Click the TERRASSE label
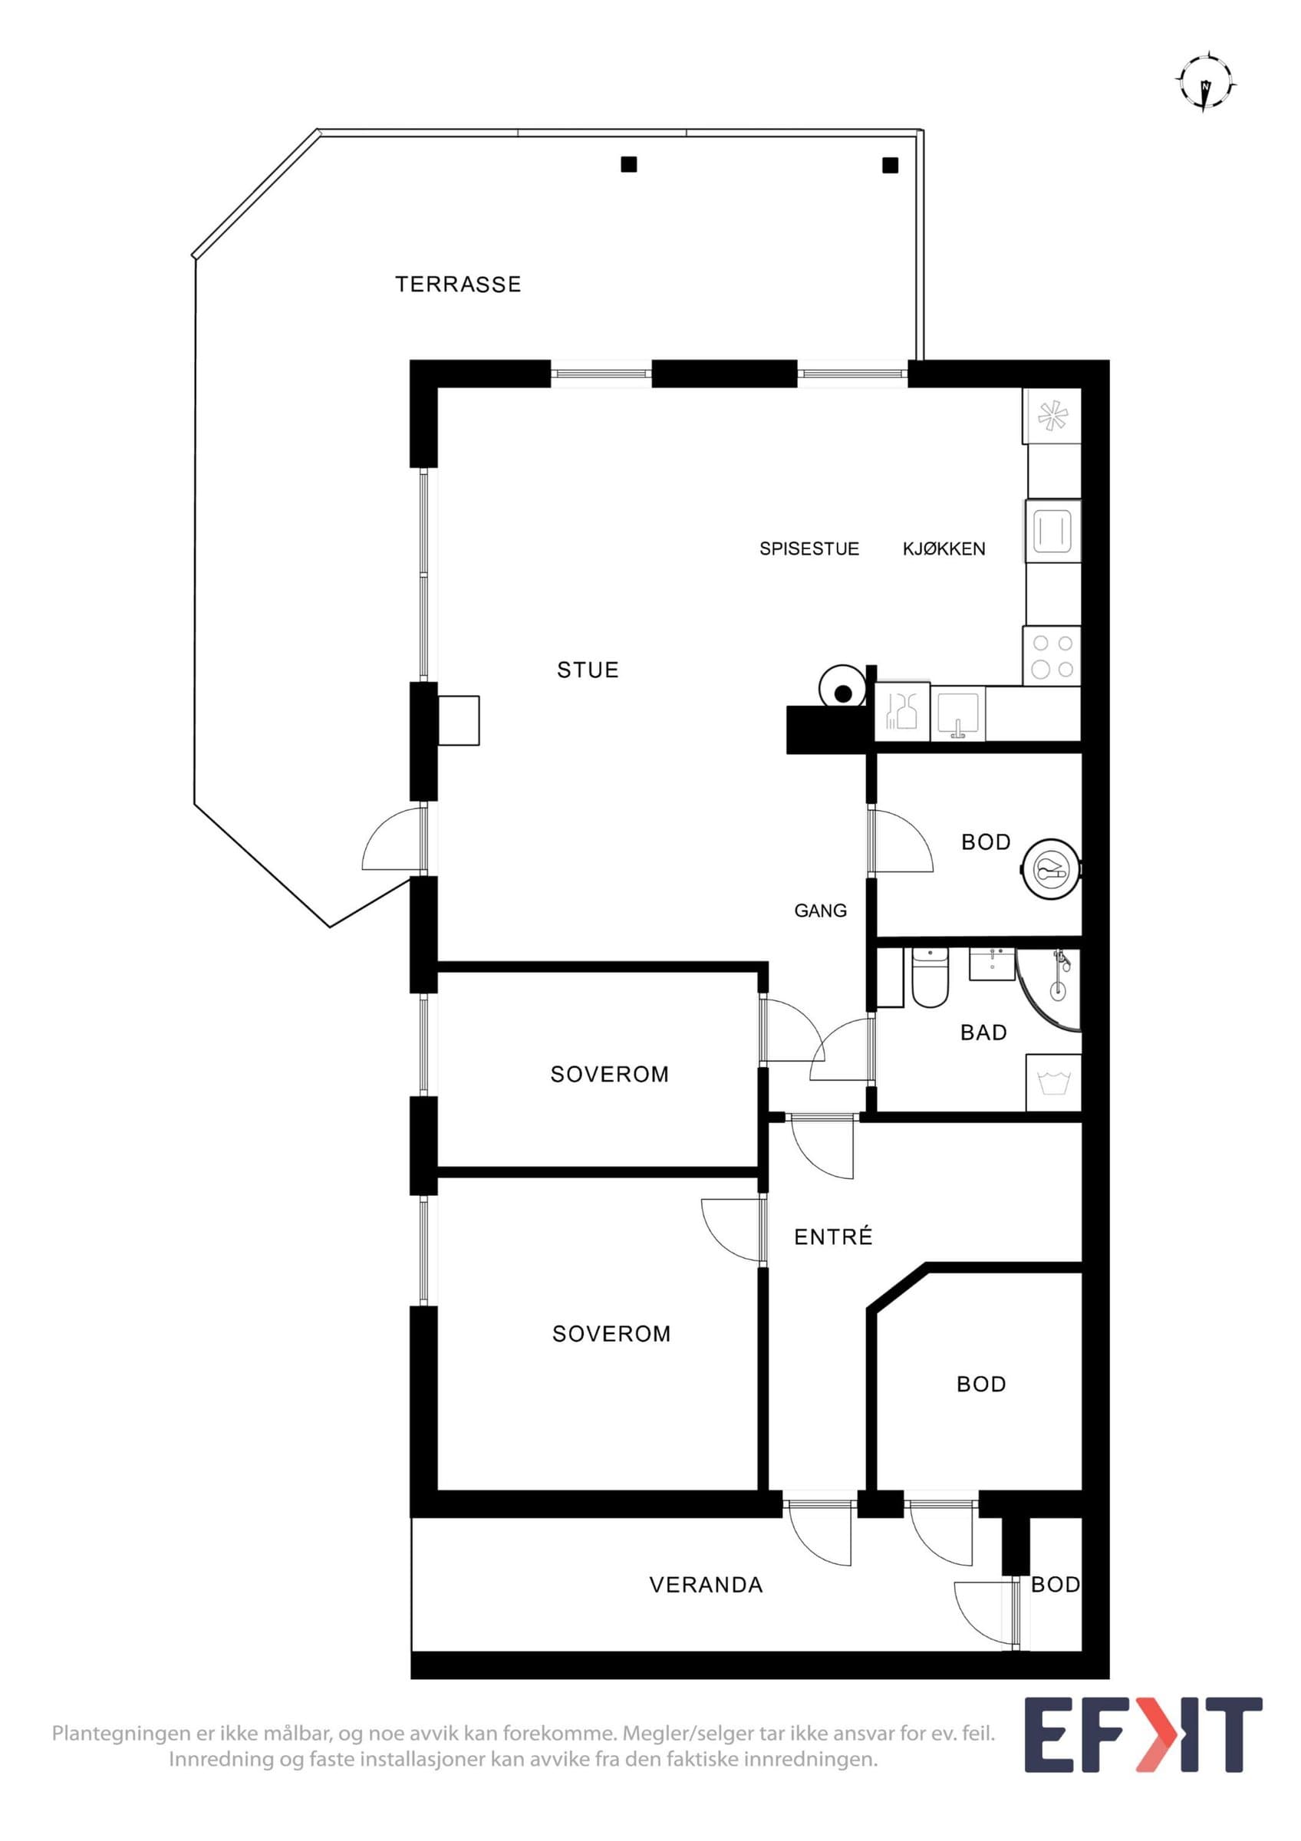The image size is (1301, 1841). coord(458,284)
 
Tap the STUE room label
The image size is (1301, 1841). coord(588,670)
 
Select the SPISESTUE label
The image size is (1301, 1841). coord(809,548)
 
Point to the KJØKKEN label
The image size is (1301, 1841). coord(944,548)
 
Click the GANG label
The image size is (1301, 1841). coord(820,910)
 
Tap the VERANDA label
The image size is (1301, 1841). coord(706,1585)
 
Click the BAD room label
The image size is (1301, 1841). coord(983,1032)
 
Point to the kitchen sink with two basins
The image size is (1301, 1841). coord(904,711)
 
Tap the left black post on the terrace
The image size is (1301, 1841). coord(629,164)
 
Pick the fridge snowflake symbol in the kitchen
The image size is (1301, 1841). coord(1052,415)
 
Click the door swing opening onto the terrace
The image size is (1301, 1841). coord(393,838)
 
